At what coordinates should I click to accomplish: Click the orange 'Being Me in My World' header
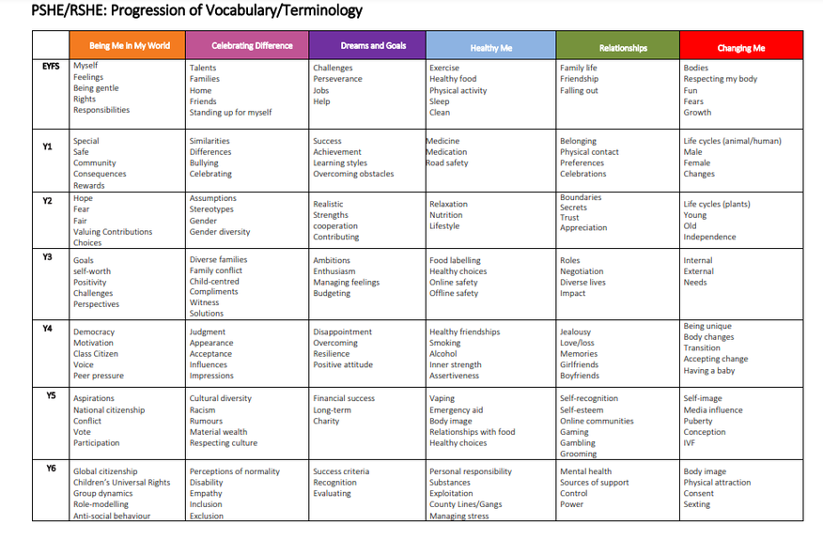[x=128, y=45]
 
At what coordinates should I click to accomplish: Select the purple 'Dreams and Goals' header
[x=367, y=45]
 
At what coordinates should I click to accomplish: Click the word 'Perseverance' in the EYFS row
[x=338, y=79]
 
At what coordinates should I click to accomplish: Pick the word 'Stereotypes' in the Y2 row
[x=212, y=209]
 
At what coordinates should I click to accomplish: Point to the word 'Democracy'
[x=94, y=331]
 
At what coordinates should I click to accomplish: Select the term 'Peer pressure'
[x=99, y=376]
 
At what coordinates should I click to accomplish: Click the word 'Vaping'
[x=443, y=398]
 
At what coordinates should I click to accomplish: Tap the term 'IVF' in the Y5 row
[x=691, y=442]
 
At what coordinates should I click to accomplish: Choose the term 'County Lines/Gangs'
[x=465, y=504]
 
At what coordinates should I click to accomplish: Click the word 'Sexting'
[x=697, y=504]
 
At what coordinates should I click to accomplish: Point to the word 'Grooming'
[x=578, y=454]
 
